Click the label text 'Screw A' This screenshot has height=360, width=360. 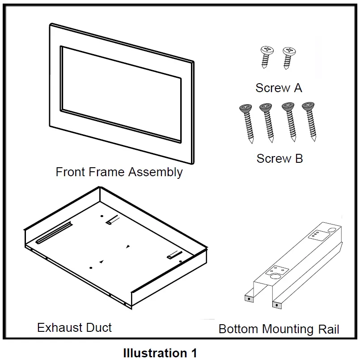[x=279, y=88]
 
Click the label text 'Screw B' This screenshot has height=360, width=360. [x=280, y=158]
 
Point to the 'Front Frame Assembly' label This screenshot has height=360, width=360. [x=119, y=172]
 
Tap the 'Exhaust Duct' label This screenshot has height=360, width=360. [x=74, y=328]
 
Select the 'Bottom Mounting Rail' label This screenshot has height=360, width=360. [x=279, y=330]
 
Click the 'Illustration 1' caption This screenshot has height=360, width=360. [x=160, y=353]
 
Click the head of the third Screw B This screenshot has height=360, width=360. [x=287, y=107]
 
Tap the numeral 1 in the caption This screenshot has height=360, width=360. [x=193, y=353]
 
